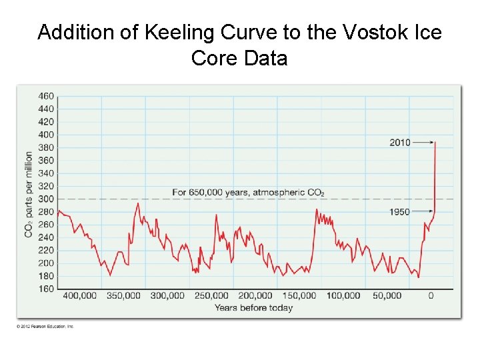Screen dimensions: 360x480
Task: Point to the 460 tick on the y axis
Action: pos(46,96)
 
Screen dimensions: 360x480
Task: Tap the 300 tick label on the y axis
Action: pos(46,199)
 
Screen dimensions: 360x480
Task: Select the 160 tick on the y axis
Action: pos(46,289)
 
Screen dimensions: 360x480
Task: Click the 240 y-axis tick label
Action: pos(46,237)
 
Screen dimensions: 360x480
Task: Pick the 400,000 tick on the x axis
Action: pos(80,295)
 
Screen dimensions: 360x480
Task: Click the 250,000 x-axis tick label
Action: pos(211,295)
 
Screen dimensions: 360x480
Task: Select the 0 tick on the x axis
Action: pos(431,295)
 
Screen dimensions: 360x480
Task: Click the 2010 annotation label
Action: pos(400,142)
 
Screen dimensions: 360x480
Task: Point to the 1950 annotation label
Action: pos(400,212)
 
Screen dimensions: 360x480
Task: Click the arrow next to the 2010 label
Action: pos(422,142)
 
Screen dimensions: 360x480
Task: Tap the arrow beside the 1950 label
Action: pos(422,212)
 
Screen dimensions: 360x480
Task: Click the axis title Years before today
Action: pos(253,307)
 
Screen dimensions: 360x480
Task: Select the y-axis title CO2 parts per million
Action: pos(29,194)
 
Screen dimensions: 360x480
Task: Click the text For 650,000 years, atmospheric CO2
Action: pos(248,193)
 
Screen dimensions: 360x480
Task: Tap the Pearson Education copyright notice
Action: pos(46,326)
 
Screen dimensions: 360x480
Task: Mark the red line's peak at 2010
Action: pos(435,141)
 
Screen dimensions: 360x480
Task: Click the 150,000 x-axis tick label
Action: pos(299,295)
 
